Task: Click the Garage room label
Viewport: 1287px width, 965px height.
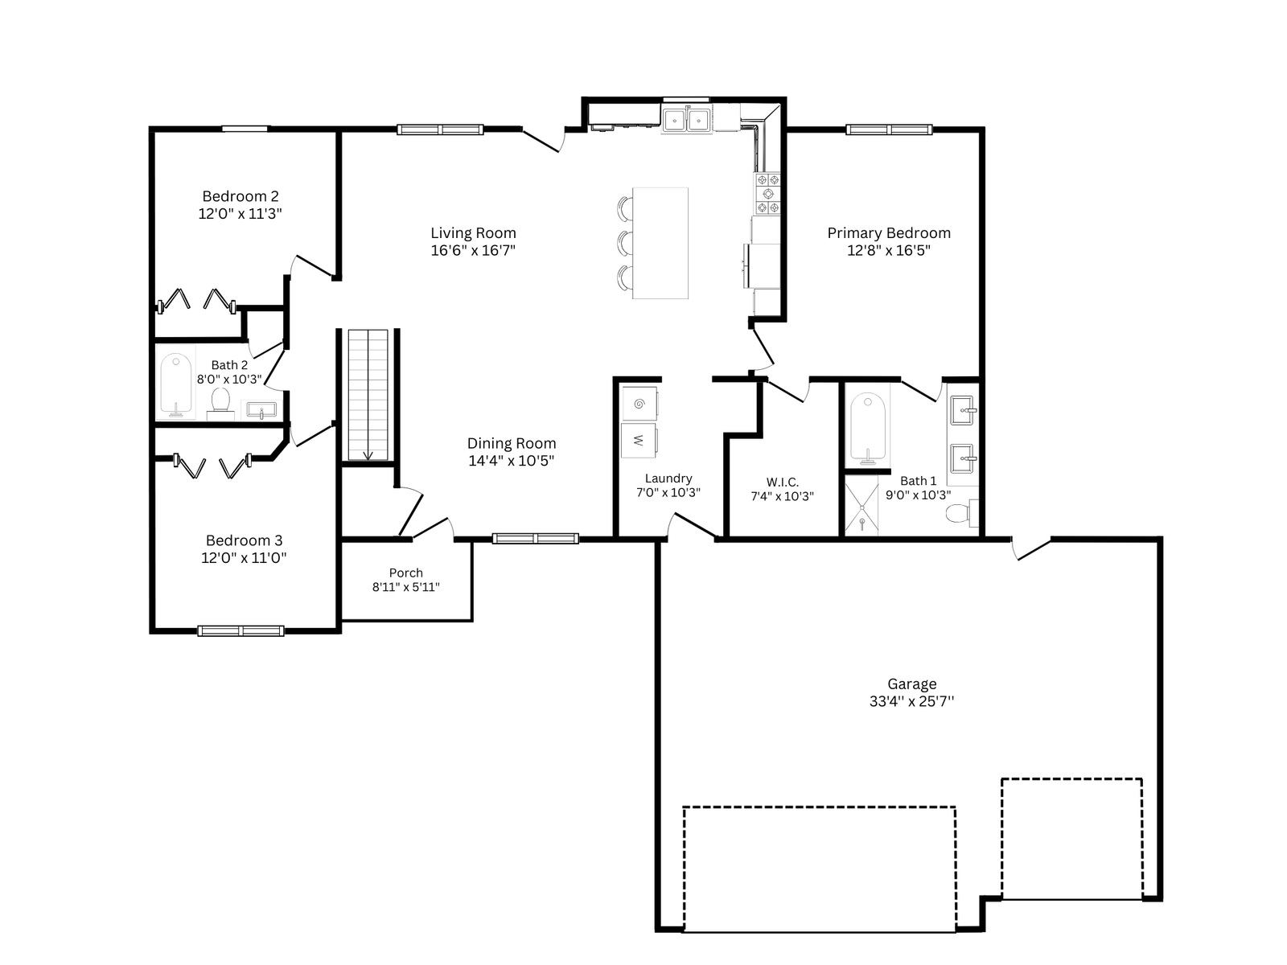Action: coord(911,684)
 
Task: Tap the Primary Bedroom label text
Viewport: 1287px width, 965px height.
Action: coord(889,233)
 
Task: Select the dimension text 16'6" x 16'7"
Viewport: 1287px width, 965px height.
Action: coord(473,251)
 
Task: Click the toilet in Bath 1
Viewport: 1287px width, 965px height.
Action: coord(962,513)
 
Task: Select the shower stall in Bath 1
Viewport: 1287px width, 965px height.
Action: coord(862,506)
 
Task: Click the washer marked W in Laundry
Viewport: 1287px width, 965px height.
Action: coord(639,440)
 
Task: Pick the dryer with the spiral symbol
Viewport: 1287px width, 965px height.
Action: coord(639,403)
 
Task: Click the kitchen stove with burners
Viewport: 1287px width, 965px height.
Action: coord(767,194)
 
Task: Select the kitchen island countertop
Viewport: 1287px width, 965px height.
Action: coord(660,243)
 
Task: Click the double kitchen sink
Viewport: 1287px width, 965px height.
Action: coord(687,121)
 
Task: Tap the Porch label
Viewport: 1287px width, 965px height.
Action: coord(405,573)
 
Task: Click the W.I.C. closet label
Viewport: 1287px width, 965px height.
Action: coord(782,482)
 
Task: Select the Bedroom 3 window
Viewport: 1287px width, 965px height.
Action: coord(241,631)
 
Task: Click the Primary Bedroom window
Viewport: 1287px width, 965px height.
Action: coord(889,129)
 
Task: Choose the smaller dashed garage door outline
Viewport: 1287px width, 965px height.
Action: coord(1071,839)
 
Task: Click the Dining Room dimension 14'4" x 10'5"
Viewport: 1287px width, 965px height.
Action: coord(512,461)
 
